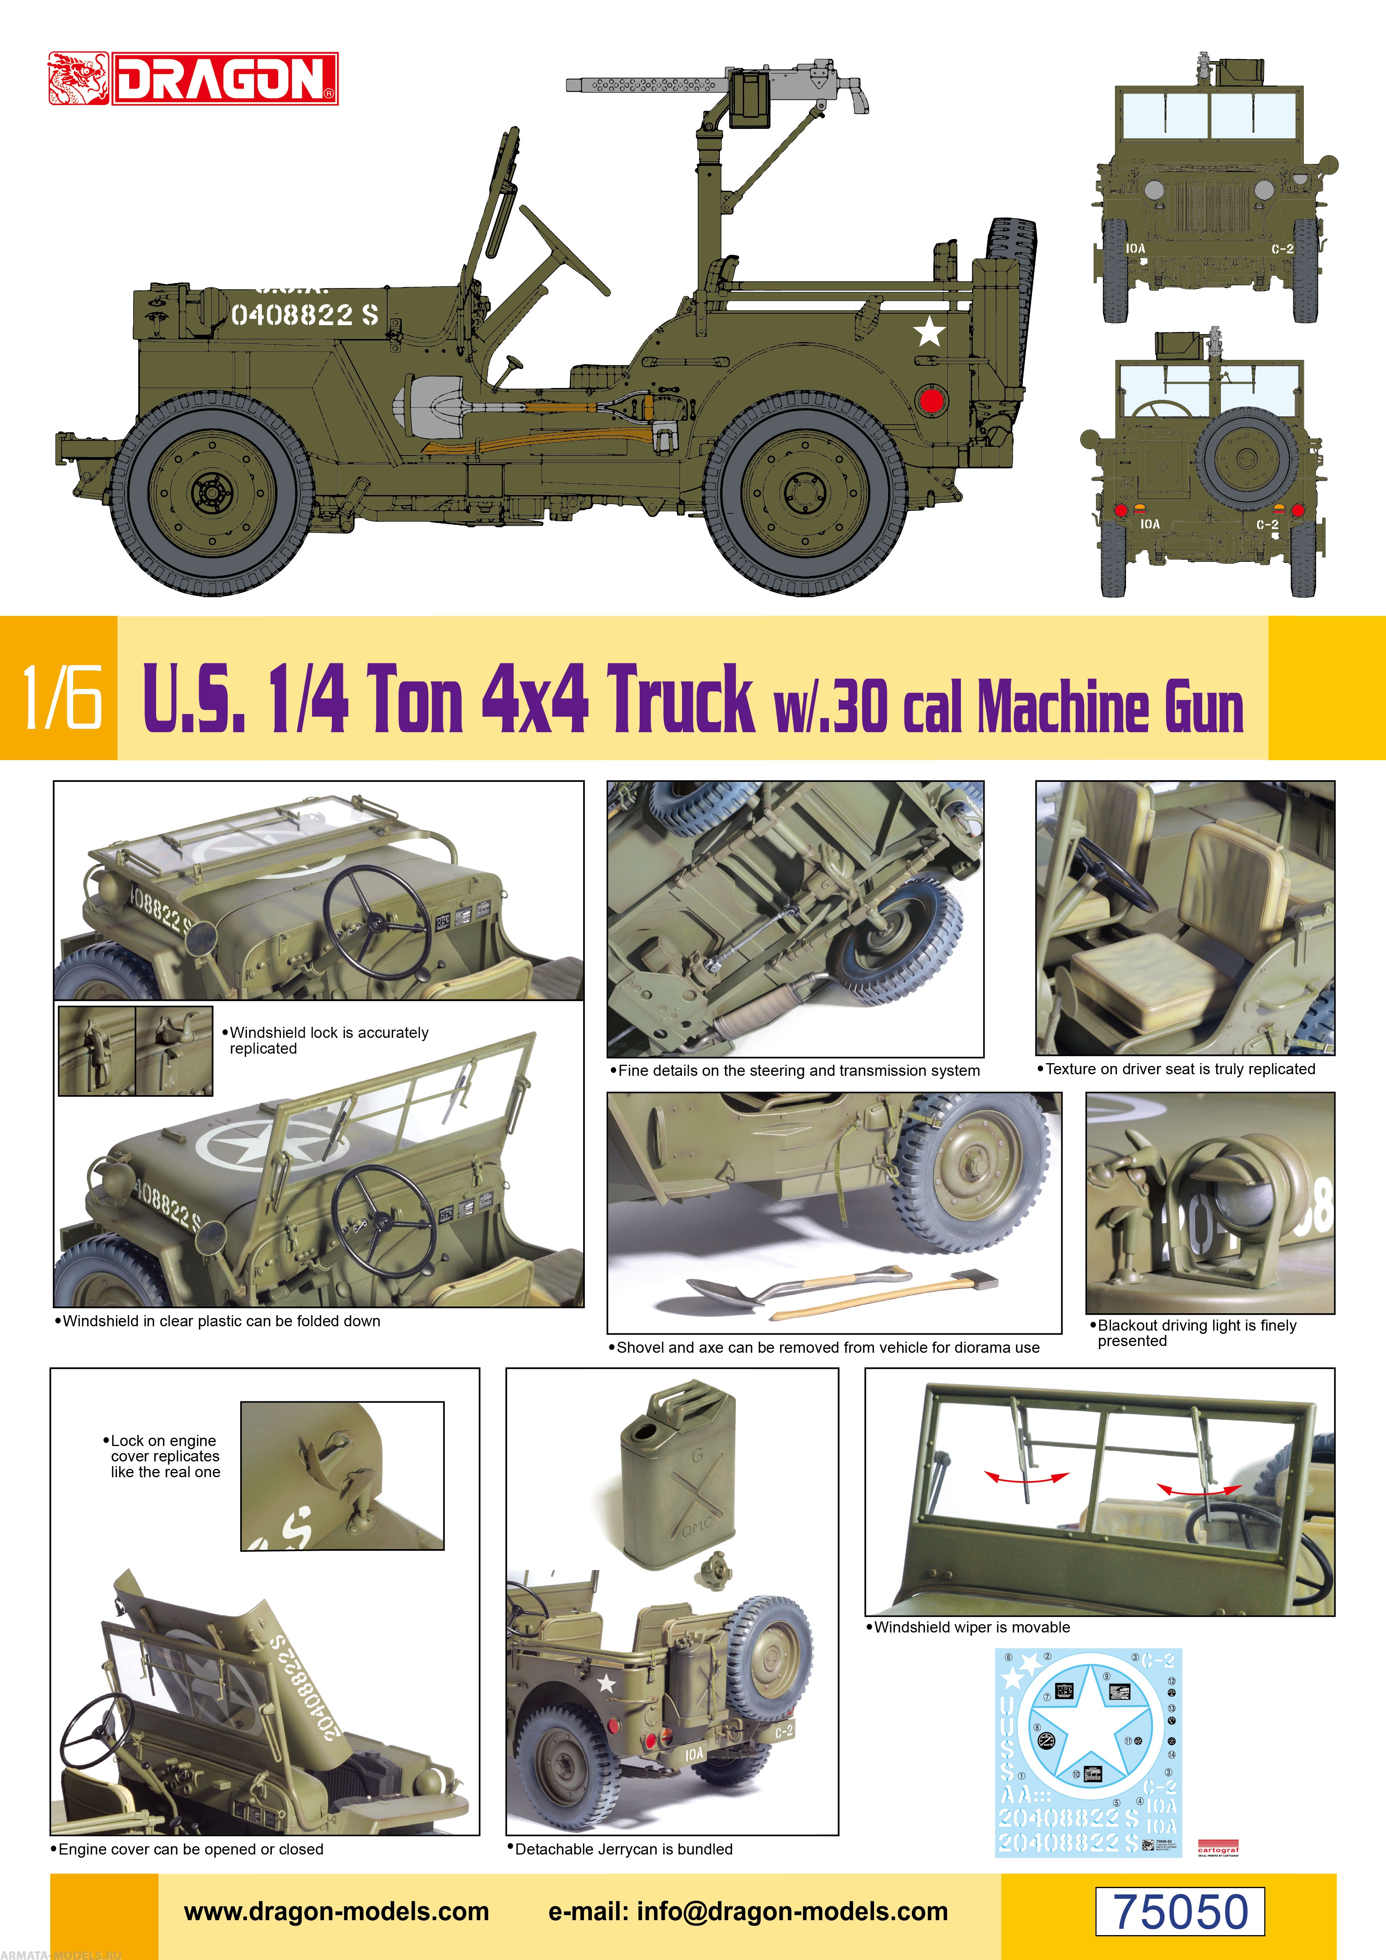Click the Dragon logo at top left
[193, 79]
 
